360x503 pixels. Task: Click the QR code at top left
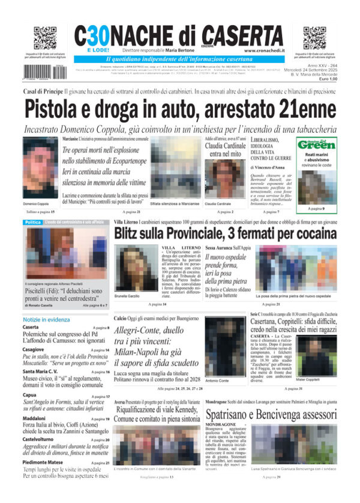coord(45,38)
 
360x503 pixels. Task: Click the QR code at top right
coord(315,38)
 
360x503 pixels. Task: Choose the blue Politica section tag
coord(33,223)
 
